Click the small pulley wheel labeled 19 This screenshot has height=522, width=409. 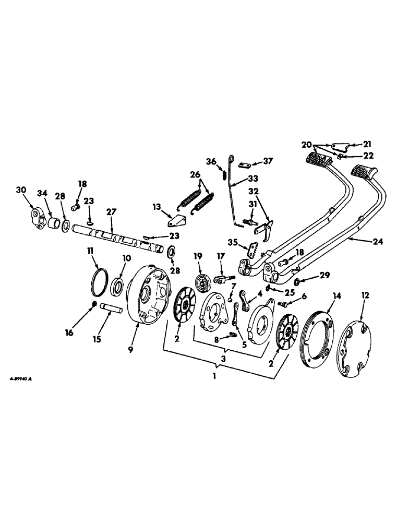point(200,280)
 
